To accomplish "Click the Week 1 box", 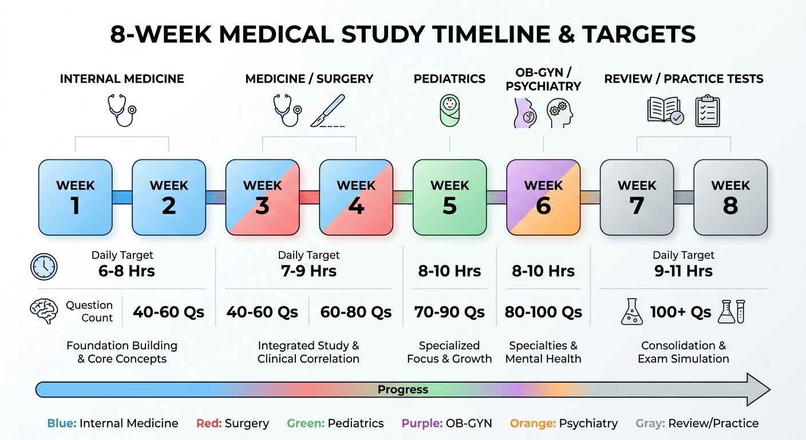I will click(75, 197).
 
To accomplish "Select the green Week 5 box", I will click(449, 197).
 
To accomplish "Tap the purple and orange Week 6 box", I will click(543, 197).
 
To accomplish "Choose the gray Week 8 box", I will click(730, 197).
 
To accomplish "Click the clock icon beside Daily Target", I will click(44, 266).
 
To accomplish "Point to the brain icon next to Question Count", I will click(44, 311).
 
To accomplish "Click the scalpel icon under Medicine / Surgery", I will click(328, 111).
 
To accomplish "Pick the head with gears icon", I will click(559, 112).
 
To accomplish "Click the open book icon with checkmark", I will click(665, 111).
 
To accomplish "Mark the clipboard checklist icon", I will click(708, 111).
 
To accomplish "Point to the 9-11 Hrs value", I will click(683, 270).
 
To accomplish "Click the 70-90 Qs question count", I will click(449, 312).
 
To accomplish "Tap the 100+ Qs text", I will click(681, 312).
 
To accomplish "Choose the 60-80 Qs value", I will click(356, 312).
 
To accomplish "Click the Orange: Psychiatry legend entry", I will click(563, 423).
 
